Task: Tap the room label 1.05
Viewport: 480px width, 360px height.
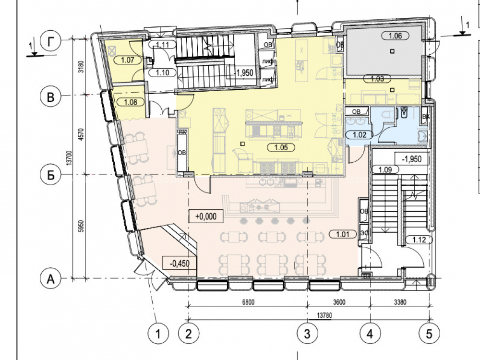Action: [281, 148]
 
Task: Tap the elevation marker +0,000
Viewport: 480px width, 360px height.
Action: [206, 216]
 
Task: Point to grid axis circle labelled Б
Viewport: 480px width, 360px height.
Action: [50, 174]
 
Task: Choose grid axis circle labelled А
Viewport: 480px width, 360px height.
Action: [50, 278]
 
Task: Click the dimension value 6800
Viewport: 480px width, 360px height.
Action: [248, 302]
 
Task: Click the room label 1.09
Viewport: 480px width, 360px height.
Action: [384, 169]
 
